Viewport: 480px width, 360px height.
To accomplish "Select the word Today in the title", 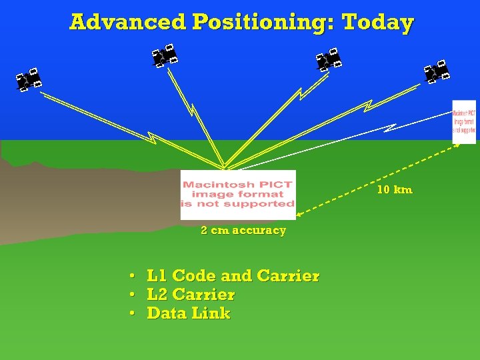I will click(x=377, y=23).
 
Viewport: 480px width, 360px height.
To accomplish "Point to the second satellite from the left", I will click(x=164, y=55).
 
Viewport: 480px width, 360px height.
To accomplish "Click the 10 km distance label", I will click(x=394, y=190).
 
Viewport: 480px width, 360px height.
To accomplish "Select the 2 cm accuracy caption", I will click(x=243, y=231).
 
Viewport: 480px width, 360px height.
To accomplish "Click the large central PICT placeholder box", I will click(x=238, y=195).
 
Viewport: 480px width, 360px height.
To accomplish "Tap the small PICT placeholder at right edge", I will click(x=464, y=121).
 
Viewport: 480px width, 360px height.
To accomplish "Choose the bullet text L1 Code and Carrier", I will click(x=233, y=276).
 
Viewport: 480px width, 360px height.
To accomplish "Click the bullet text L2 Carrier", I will click(x=191, y=295).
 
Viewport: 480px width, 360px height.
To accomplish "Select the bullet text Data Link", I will click(x=189, y=313).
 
